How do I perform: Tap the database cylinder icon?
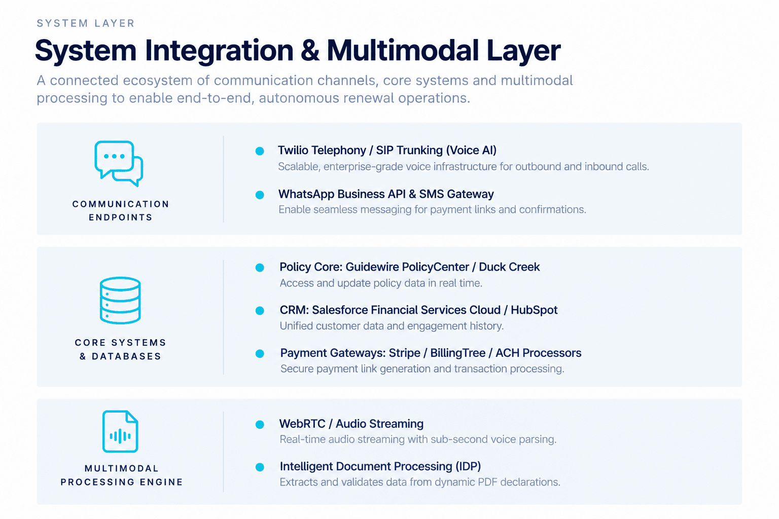point(120,301)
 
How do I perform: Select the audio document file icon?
point(120,431)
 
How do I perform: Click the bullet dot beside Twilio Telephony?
point(260,151)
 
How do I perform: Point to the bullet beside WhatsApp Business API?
point(260,195)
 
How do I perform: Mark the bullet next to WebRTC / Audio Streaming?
point(260,424)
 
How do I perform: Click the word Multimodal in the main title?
point(403,50)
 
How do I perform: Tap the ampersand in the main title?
point(310,51)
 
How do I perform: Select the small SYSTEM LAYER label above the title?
point(86,23)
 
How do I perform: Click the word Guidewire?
point(372,267)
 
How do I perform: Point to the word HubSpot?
point(534,310)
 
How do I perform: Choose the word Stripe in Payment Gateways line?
point(404,353)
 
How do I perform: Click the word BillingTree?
point(457,353)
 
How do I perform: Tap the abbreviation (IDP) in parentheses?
point(468,466)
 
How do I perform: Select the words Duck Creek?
point(509,267)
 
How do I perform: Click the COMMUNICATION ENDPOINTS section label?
point(121,211)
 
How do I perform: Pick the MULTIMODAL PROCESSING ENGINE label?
point(121,475)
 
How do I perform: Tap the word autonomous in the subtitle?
point(299,98)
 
